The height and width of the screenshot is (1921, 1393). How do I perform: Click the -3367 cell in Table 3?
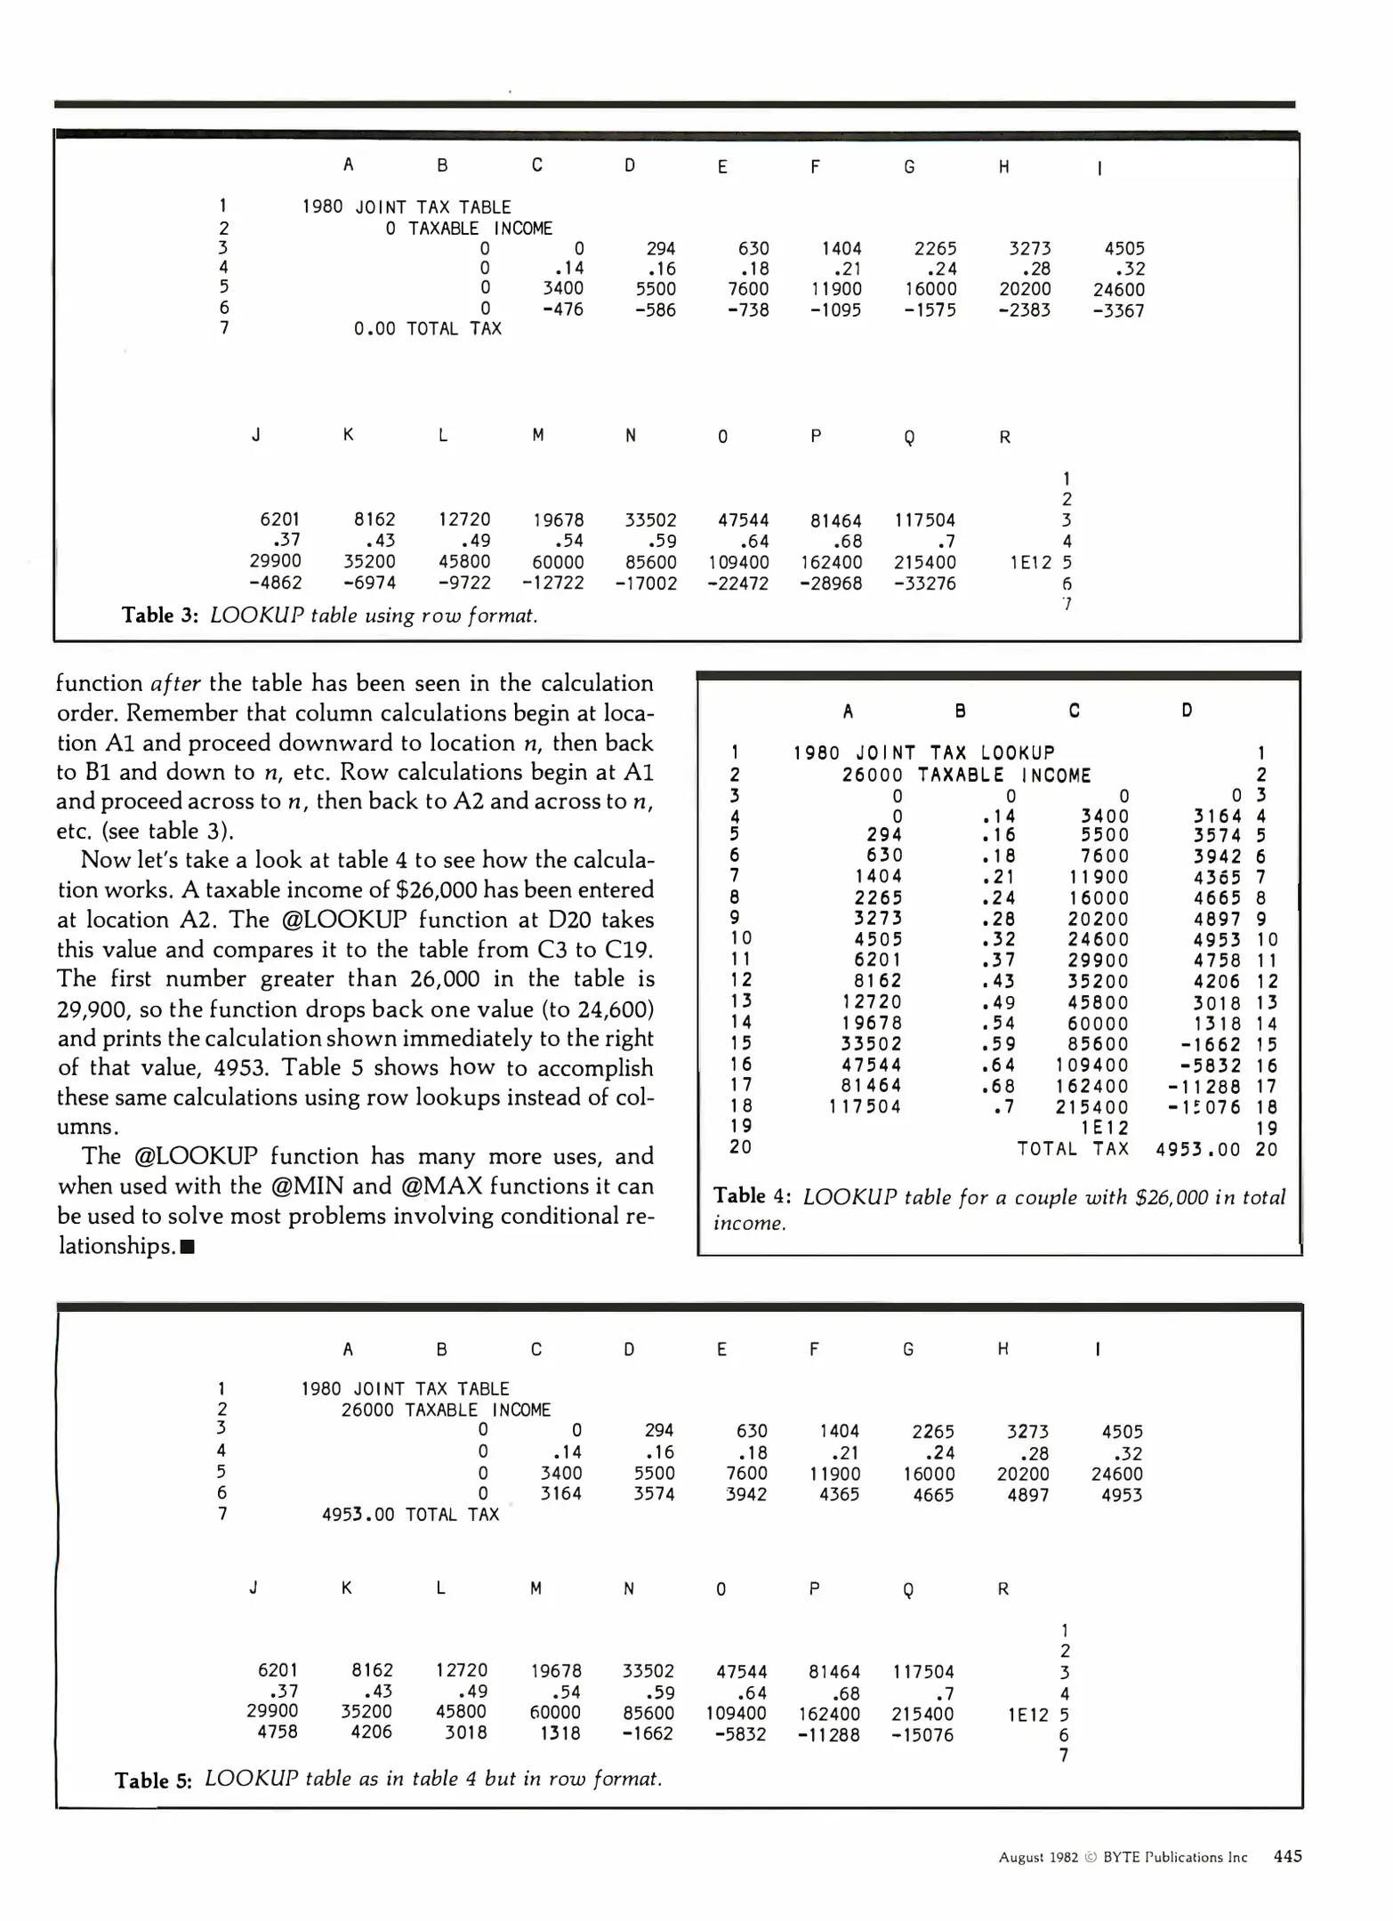click(1118, 310)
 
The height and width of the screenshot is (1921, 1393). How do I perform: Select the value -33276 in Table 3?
click(925, 583)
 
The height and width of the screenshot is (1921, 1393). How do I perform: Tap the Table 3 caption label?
click(159, 615)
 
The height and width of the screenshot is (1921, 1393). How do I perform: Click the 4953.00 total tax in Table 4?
click(1197, 1149)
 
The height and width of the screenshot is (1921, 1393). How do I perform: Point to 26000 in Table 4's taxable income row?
click(872, 775)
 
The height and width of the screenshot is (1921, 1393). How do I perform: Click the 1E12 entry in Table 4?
click(1104, 1128)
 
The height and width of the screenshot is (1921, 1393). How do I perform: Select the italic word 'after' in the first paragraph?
click(175, 683)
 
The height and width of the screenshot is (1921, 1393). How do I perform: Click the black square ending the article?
click(188, 1247)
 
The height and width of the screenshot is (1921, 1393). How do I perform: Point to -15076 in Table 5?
click(922, 1734)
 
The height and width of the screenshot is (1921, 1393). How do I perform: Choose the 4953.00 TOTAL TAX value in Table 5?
click(358, 1515)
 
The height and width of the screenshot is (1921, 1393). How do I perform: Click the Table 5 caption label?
click(153, 1780)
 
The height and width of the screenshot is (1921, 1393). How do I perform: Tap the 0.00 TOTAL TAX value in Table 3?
click(374, 329)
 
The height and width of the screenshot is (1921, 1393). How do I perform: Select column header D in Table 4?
click(1187, 710)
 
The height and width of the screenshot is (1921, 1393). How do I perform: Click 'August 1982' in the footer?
click(1038, 1857)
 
